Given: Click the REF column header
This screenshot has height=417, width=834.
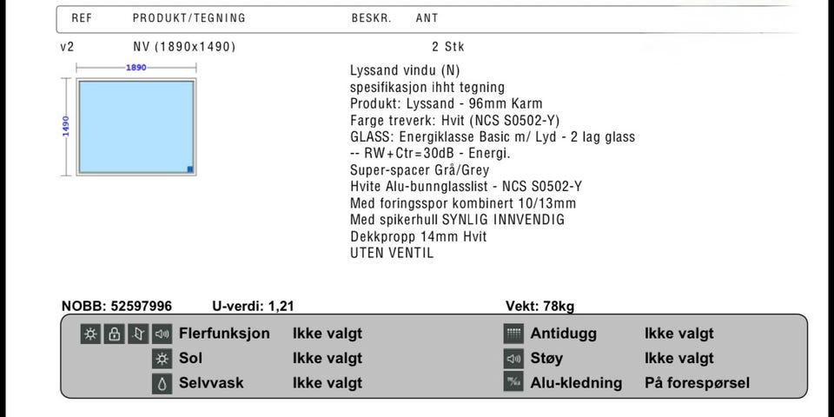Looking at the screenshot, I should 81,17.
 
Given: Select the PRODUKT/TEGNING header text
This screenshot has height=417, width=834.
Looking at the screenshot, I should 189,17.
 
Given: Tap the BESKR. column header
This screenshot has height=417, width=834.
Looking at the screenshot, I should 371,17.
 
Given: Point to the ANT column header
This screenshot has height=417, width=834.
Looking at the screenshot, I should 427,17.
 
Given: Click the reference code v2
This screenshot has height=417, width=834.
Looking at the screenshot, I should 68,47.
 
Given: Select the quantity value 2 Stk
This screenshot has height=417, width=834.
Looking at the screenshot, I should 447,47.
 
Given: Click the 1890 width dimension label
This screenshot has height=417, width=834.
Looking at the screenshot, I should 136,67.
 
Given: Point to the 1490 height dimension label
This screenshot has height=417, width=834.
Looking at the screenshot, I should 65,126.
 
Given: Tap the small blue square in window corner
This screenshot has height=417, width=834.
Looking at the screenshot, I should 190,169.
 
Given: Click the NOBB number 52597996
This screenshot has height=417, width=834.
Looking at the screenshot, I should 141,306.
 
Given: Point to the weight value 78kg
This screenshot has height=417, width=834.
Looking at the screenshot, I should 559,306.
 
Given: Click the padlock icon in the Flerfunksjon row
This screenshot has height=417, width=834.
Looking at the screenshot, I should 114,334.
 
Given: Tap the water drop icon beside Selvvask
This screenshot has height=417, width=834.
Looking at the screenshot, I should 162,383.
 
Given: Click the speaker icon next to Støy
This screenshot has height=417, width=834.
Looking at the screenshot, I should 513,358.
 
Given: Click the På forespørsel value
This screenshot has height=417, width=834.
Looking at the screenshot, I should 697,383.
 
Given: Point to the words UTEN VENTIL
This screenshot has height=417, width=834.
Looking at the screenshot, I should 391,253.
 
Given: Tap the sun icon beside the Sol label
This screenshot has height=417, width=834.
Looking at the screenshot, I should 162,358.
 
